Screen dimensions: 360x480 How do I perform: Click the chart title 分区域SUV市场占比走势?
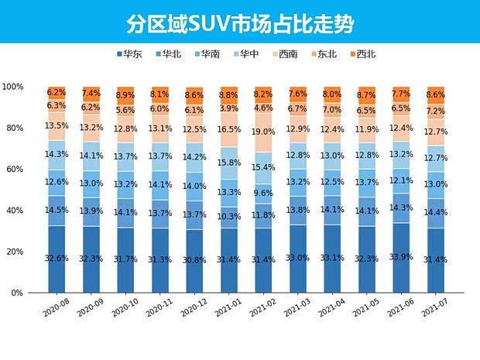click(x=240, y=22)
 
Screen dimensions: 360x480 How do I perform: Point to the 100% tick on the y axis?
click(x=14, y=87)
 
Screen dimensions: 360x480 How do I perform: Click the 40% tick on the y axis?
click(x=16, y=211)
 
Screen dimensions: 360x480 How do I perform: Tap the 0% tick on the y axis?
click(x=19, y=293)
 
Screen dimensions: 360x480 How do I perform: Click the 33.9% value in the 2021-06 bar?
click(x=402, y=258)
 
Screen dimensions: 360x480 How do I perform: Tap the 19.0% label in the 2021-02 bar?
click(x=264, y=132)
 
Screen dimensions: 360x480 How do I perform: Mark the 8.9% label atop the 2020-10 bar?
click(x=126, y=95)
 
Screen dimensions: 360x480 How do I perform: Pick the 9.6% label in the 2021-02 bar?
click(x=264, y=194)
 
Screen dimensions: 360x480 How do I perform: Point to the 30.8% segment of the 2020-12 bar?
click(x=195, y=261)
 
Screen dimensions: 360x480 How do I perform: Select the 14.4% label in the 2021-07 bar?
click(x=437, y=211)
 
